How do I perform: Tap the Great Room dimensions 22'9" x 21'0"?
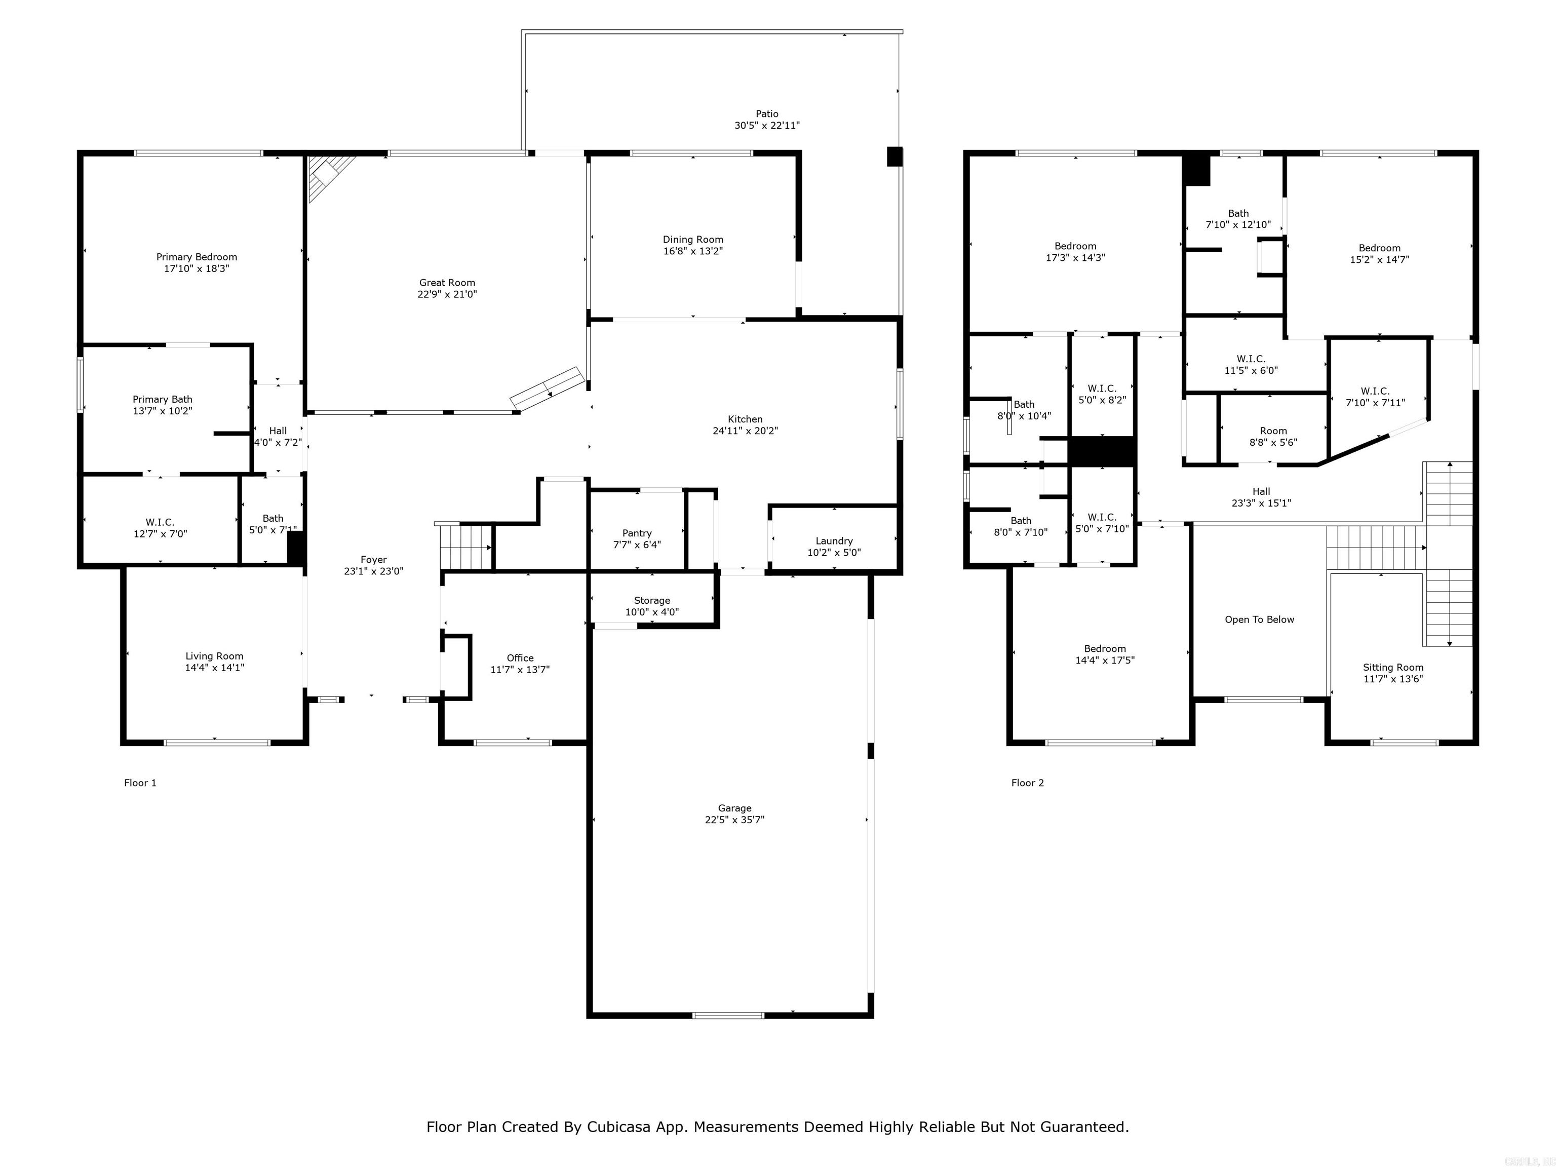pyautogui.click(x=447, y=295)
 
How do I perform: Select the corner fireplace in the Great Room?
pyautogui.click(x=329, y=174)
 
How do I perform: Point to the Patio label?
pyautogui.click(x=767, y=113)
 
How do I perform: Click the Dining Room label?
pyautogui.click(x=692, y=239)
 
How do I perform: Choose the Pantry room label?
pyautogui.click(x=637, y=533)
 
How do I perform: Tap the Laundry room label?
pyautogui.click(x=834, y=541)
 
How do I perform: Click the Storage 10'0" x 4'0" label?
pyautogui.click(x=651, y=606)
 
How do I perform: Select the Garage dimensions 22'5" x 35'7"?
pyautogui.click(x=734, y=820)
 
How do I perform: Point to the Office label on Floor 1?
pyautogui.click(x=520, y=658)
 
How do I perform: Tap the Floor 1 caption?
pyautogui.click(x=140, y=783)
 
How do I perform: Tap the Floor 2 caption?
pyautogui.click(x=1027, y=783)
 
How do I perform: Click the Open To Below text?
pyautogui.click(x=1259, y=620)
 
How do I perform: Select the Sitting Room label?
pyautogui.click(x=1393, y=668)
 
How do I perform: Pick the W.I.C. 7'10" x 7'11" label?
pyautogui.click(x=1375, y=397)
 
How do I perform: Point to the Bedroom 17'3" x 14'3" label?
pyautogui.click(x=1075, y=252)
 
